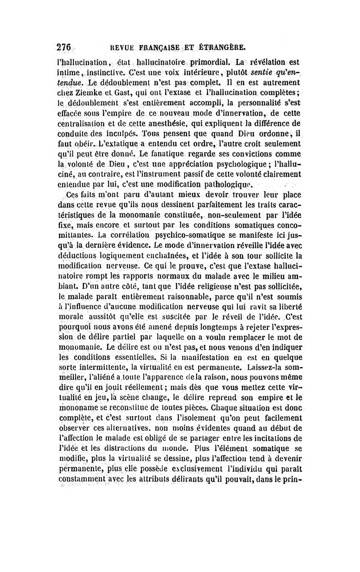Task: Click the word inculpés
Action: [x=118, y=135]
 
